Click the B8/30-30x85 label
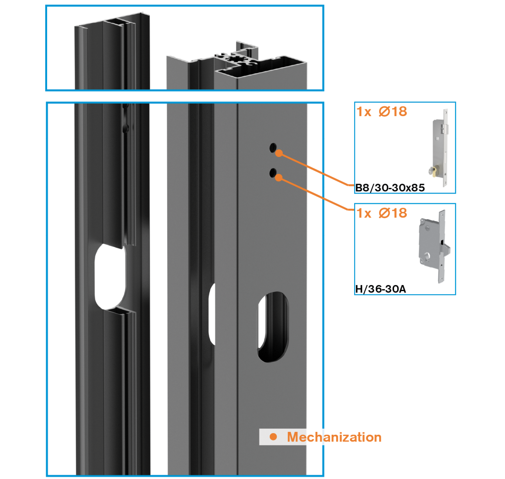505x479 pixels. [x=390, y=188]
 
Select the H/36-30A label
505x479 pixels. [x=380, y=289]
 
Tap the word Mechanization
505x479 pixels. [x=334, y=437]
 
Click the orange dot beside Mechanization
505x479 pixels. [x=273, y=437]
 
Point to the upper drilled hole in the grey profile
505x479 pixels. [x=273, y=148]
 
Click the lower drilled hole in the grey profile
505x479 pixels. [x=273, y=172]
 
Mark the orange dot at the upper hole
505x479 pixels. [x=279, y=153]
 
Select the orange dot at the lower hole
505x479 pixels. [x=279, y=178]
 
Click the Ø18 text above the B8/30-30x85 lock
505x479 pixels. [x=393, y=112]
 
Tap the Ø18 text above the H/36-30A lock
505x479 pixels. [x=393, y=213]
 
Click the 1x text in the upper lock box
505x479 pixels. [x=364, y=112]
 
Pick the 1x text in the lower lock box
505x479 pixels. [x=364, y=214]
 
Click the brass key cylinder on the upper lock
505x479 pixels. [x=434, y=171]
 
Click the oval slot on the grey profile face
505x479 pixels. [x=273, y=327]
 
